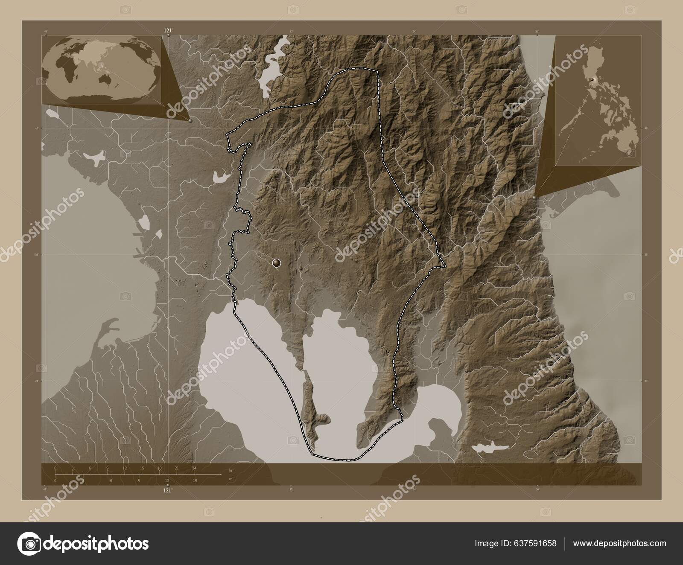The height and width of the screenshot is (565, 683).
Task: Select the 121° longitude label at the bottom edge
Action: coord(167,491)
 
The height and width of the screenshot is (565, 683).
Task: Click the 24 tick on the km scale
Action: coord(194,469)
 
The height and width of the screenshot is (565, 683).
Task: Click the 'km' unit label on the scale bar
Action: coord(231,470)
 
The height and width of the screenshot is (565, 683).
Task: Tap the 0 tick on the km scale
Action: coord(55,469)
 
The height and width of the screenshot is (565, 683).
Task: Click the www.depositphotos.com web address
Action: coord(619,544)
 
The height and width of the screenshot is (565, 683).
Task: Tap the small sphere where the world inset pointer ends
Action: coord(190,121)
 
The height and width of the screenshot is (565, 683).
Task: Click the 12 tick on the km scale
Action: coord(125,469)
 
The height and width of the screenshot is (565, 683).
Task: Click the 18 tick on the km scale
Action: coord(159,469)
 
